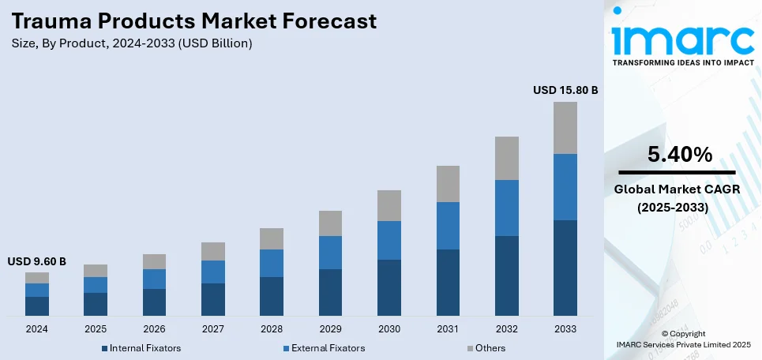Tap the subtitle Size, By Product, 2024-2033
[x=131, y=43]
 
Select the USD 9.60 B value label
[x=37, y=261]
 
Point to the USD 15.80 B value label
[x=565, y=91]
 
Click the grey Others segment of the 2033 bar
[x=565, y=128]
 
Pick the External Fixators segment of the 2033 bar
[x=565, y=187]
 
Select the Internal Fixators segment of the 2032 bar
[x=506, y=276]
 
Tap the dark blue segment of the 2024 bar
[x=37, y=306]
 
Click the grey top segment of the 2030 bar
[x=389, y=205]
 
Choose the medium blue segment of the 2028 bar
[x=272, y=263]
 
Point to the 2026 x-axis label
[x=155, y=328]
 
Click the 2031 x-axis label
[x=448, y=328]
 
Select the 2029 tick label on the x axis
[x=330, y=328]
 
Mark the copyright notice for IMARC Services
[x=684, y=339]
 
